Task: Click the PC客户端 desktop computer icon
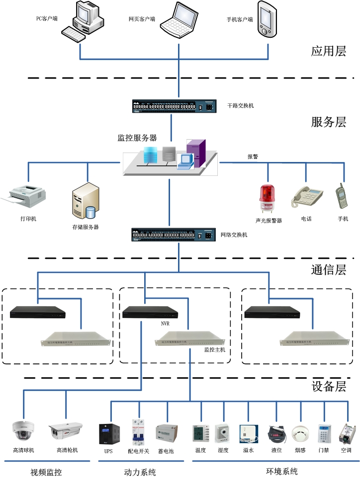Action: tap(85, 21)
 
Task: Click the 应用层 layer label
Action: tap(328, 51)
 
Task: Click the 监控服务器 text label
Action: tap(137, 138)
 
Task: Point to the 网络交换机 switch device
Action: tap(172, 235)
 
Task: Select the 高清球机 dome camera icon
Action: tap(23, 430)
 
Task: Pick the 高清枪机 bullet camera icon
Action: tap(66, 430)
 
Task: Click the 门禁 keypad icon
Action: tap(324, 433)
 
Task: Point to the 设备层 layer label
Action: tap(328, 386)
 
